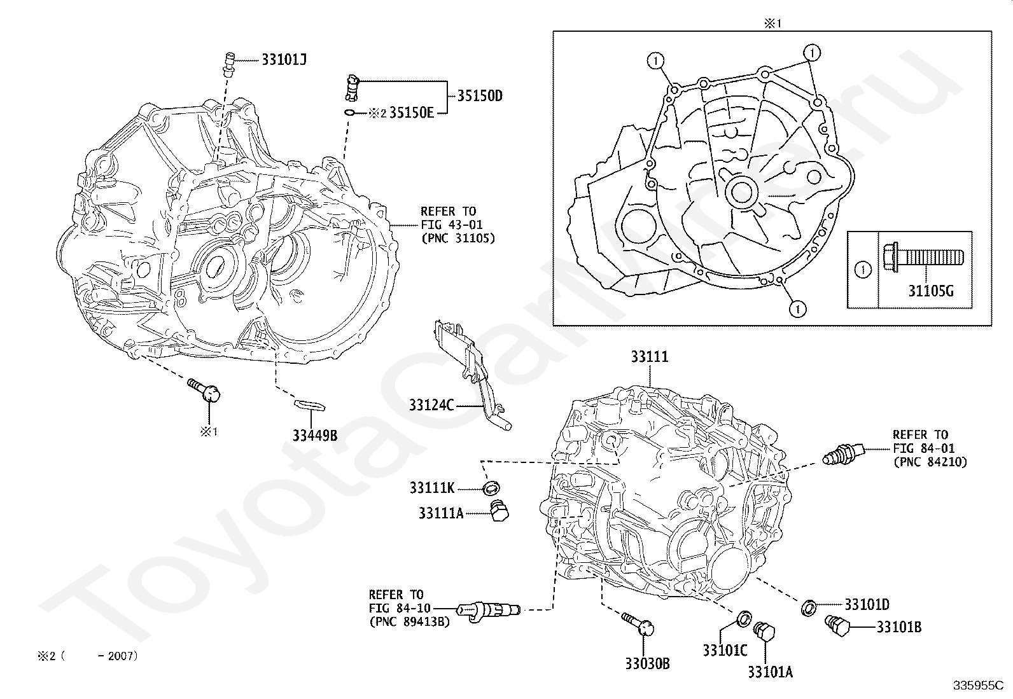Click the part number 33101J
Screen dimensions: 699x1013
(x=284, y=60)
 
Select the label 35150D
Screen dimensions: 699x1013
(x=480, y=96)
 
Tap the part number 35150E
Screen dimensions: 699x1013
(x=411, y=113)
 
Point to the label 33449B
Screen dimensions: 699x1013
(x=315, y=436)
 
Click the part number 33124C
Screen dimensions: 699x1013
(x=431, y=405)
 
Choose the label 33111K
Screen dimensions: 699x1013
(x=432, y=488)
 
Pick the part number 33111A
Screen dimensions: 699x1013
(x=441, y=513)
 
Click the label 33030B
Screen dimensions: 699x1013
(x=647, y=664)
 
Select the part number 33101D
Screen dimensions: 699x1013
(x=867, y=604)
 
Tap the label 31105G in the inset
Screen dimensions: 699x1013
(x=931, y=292)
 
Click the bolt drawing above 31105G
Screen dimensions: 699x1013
(x=922, y=258)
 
